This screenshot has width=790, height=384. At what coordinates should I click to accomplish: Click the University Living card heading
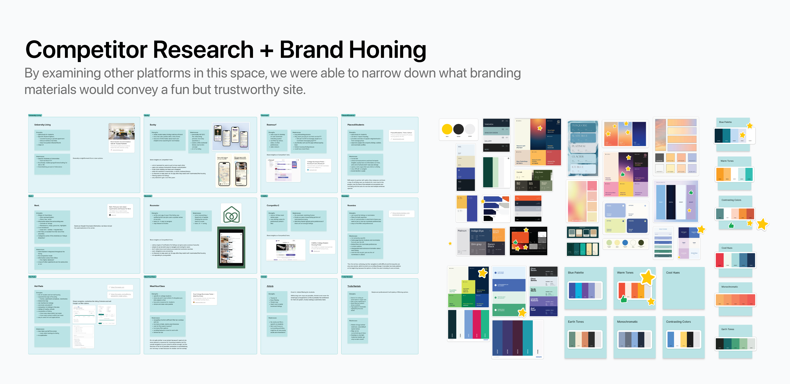(x=42, y=125)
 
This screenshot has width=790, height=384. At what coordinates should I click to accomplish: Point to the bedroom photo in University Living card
(x=121, y=131)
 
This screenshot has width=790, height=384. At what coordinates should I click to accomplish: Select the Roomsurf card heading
(x=271, y=125)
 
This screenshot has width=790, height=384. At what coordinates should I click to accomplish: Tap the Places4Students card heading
(x=355, y=125)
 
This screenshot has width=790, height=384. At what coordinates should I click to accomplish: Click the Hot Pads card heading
(x=39, y=286)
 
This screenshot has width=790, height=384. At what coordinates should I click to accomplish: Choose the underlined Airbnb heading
(x=270, y=286)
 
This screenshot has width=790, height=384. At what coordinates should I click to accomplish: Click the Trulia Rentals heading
(x=354, y=286)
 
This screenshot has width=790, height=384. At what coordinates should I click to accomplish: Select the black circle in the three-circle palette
(x=458, y=129)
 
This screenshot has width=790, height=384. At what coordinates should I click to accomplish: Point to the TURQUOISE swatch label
(x=579, y=125)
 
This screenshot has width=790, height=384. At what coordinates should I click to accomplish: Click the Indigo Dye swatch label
(x=477, y=231)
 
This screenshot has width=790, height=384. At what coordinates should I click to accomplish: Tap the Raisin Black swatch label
(x=491, y=245)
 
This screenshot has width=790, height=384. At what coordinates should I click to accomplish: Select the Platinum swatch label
(x=462, y=231)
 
